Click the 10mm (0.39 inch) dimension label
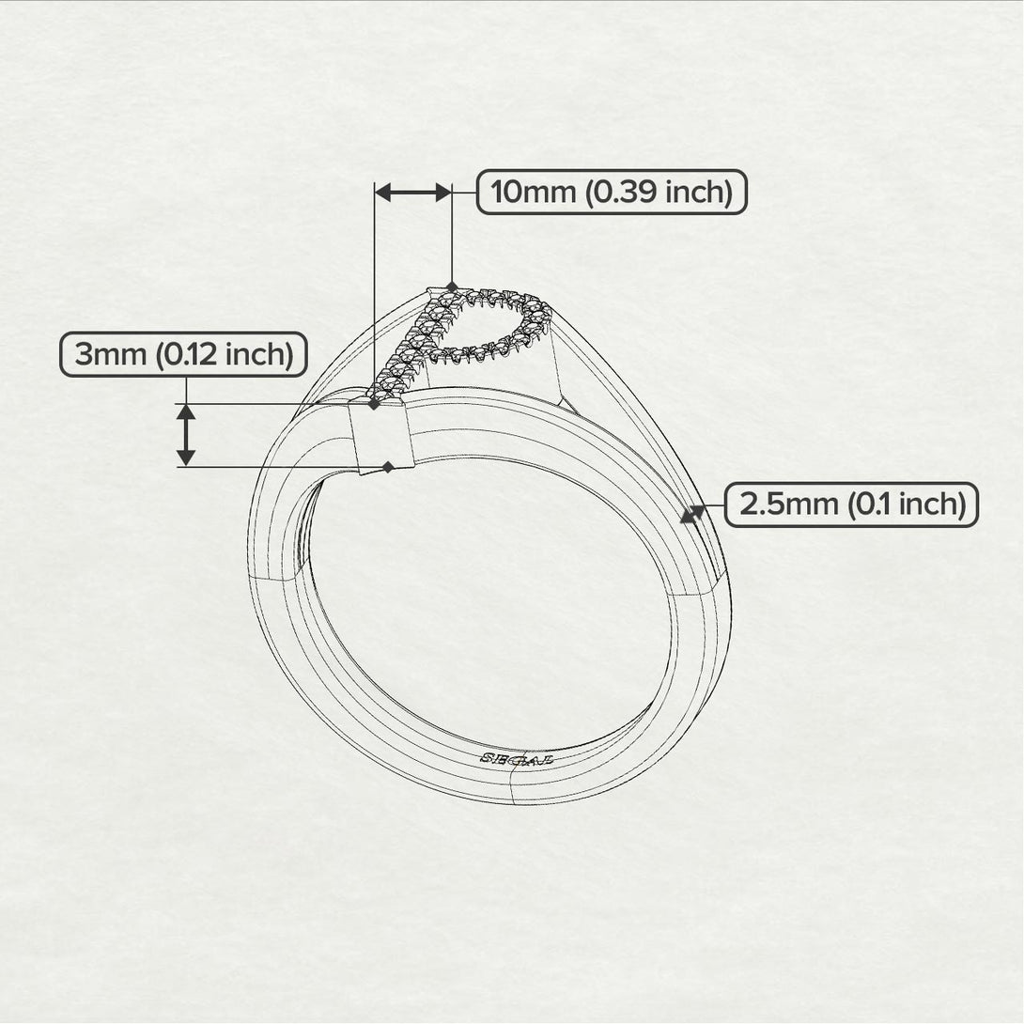(x=612, y=193)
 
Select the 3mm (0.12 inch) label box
(x=183, y=355)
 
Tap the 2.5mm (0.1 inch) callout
(x=851, y=504)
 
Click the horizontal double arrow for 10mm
(x=413, y=193)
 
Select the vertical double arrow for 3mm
(x=186, y=434)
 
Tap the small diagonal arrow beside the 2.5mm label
(x=692, y=513)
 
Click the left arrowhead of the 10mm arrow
(x=382, y=193)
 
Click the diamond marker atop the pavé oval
(x=453, y=286)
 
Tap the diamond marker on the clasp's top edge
(x=374, y=404)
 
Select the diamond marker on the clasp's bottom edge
(x=387, y=467)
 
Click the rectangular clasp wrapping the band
(x=381, y=435)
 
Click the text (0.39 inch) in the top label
(x=658, y=193)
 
